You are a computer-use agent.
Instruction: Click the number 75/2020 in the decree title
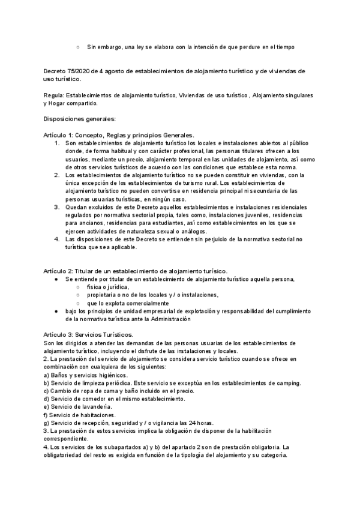[80, 71]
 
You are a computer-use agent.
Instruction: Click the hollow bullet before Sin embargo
[78, 47]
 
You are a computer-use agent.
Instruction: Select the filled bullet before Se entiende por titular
[55, 280]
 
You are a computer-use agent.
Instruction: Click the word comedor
[97, 399]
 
